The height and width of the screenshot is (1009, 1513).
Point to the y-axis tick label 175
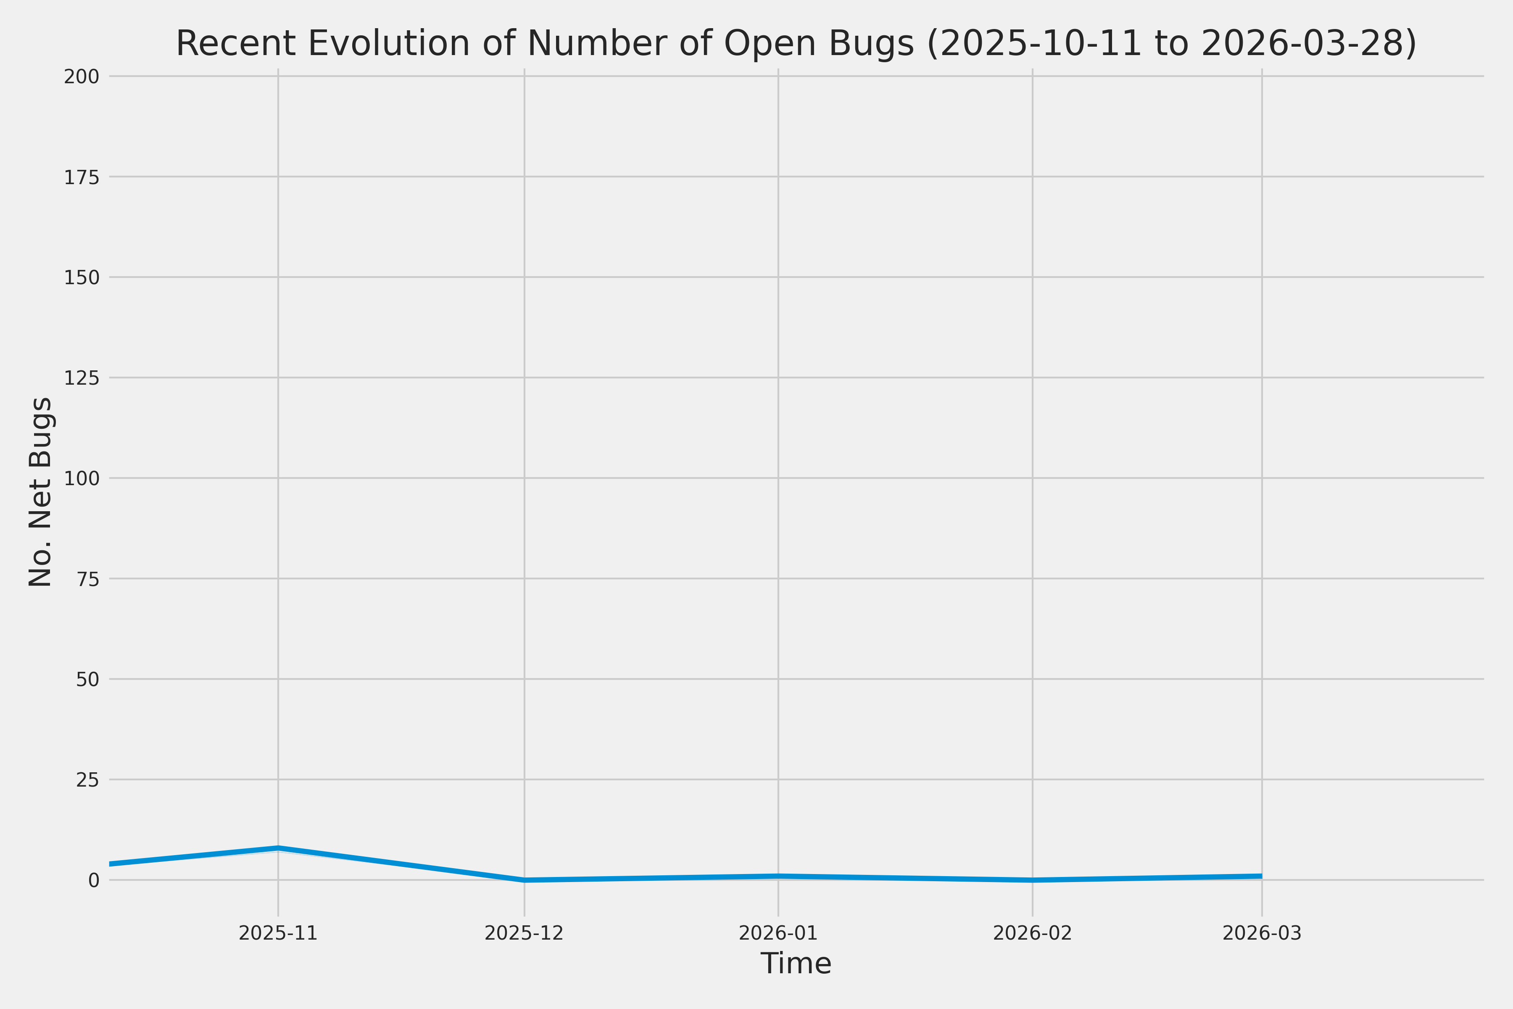[81, 177]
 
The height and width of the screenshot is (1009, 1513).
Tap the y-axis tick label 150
[81, 278]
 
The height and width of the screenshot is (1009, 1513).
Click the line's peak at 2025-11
[278, 848]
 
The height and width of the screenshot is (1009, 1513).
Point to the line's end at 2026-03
[1261, 876]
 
